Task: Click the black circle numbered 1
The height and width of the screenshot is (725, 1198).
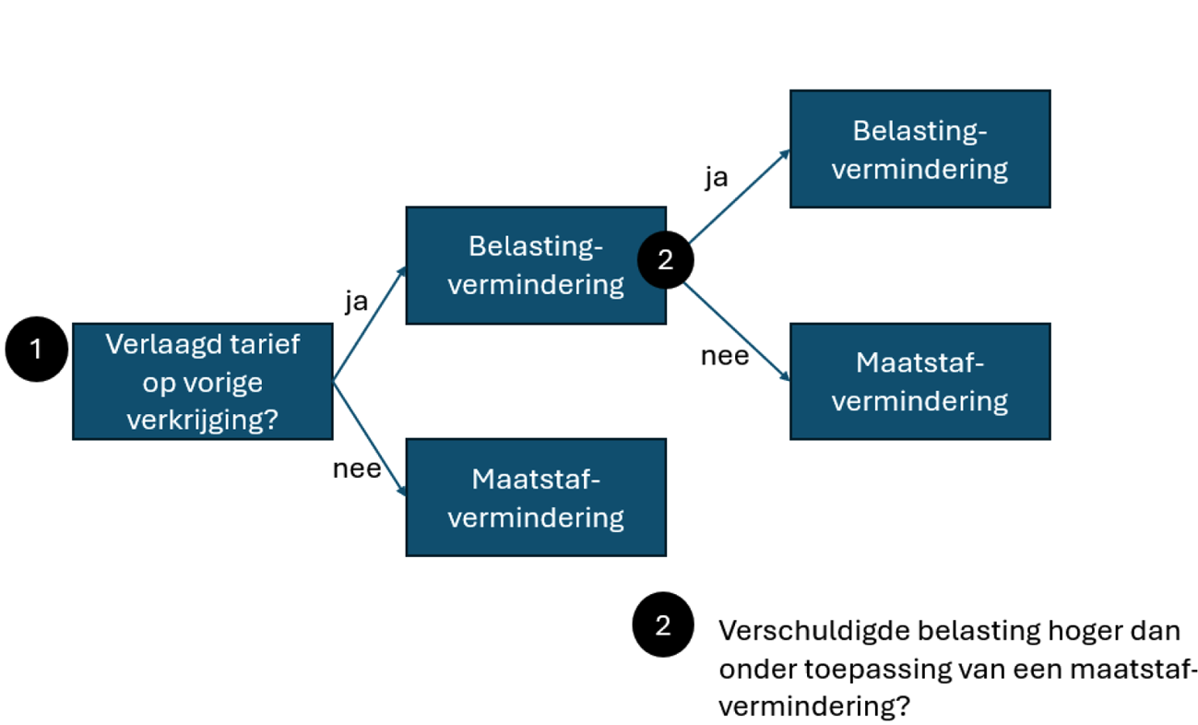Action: [x=36, y=350]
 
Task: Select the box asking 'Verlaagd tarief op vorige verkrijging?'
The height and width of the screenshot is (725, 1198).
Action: [x=202, y=381]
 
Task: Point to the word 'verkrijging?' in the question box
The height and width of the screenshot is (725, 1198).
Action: [x=203, y=420]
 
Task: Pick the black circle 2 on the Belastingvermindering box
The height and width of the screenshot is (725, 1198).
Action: [x=665, y=260]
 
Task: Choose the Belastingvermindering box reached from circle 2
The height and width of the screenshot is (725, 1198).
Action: [x=919, y=149]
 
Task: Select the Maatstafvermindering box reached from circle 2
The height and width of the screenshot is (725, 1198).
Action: [x=919, y=381]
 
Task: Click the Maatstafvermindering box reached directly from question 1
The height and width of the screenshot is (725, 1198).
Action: [x=535, y=497]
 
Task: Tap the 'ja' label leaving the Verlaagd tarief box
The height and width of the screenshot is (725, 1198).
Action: [x=356, y=302]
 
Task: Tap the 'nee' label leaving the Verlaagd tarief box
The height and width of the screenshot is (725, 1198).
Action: [x=356, y=469]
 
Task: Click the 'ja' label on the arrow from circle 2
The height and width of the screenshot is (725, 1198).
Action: [x=716, y=177]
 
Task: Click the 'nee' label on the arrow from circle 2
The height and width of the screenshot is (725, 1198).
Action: [x=725, y=355]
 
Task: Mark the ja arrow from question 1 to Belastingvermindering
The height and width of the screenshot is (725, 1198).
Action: [x=369, y=323]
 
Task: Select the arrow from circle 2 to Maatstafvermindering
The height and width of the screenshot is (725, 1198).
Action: [x=738, y=332]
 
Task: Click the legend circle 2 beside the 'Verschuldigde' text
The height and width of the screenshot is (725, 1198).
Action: [x=662, y=625]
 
